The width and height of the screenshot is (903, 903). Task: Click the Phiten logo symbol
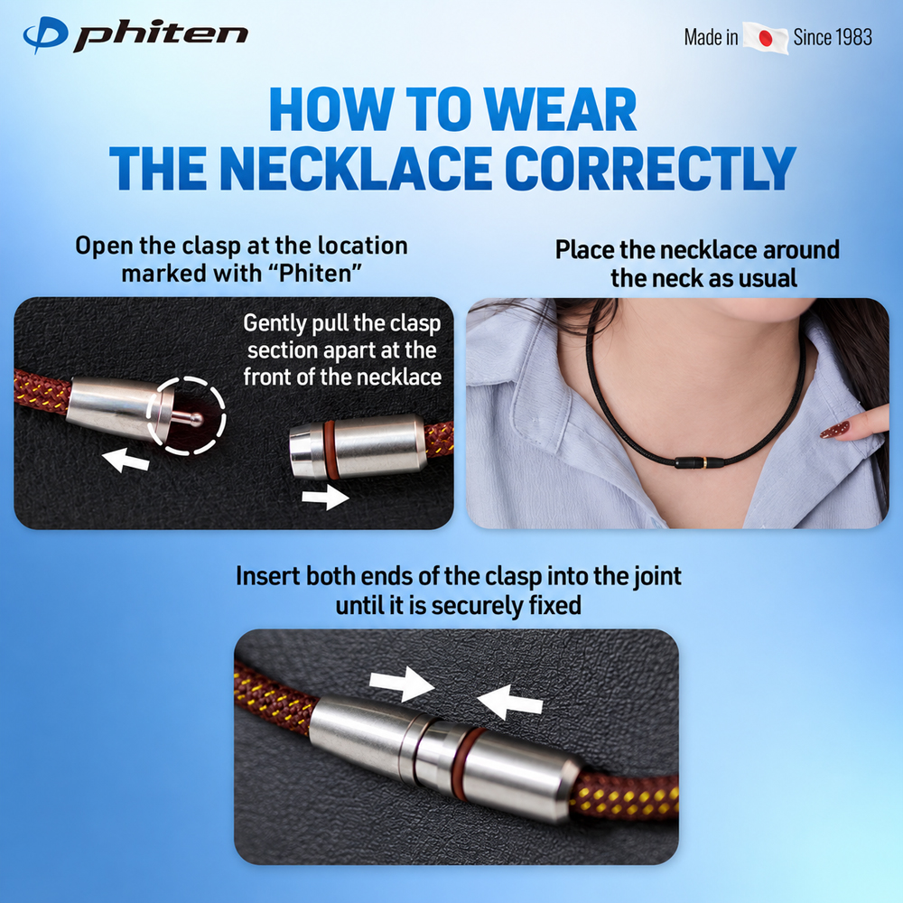pos(45,34)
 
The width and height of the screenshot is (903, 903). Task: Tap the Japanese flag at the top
pos(766,38)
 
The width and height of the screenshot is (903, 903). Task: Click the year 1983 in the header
pos(852,37)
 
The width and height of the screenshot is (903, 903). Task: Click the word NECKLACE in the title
pos(355,168)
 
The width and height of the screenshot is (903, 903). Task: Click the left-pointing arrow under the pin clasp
pos(126,461)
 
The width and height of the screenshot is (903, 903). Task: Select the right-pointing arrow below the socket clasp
pos(325,497)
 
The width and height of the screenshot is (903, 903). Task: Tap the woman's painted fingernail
pos(834,430)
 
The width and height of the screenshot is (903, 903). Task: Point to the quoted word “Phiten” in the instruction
pos(321,273)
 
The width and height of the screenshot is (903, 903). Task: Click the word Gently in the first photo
pos(275,323)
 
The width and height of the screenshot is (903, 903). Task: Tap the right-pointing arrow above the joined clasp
pos(402,683)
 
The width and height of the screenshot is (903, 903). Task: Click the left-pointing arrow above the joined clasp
pos(509,702)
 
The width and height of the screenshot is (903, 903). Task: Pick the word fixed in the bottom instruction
pos(555,605)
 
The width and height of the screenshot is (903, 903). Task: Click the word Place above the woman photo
pos(584,250)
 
